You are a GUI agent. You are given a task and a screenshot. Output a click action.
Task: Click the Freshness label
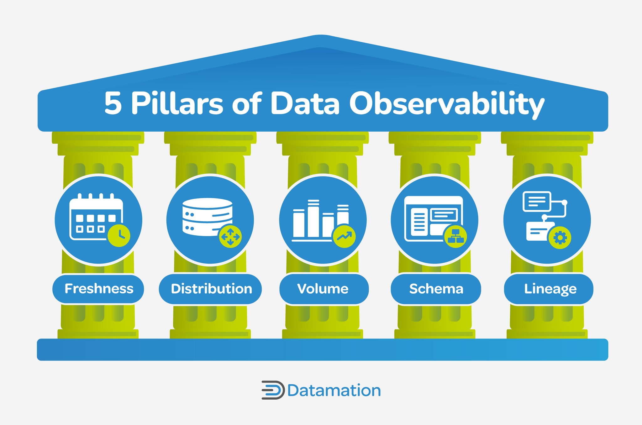click(99, 289)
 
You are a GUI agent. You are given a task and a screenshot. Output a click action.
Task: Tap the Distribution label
click(211, 289)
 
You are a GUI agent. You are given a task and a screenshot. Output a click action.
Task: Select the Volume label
click(323, 289)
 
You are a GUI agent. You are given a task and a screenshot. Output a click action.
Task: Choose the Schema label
click(436, 289)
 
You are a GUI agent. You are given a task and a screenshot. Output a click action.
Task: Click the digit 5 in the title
click(113, 103)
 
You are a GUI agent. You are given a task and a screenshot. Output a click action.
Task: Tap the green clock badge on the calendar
click(119, 235)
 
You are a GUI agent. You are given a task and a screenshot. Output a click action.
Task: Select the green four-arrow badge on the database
click(230, 236)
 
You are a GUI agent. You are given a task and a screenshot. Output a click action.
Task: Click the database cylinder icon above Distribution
click(207, 217)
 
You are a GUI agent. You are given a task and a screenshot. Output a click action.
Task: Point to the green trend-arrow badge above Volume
click(344, 236)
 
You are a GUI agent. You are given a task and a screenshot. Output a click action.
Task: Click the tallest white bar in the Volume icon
click(313, 219)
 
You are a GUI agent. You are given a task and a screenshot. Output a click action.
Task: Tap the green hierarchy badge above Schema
click(455, 236)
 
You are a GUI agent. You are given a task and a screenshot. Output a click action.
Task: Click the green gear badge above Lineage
click(560, 238)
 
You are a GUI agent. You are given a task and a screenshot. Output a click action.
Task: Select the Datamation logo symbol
click(273, 390)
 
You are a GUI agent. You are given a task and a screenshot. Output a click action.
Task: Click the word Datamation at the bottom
click(334, 391)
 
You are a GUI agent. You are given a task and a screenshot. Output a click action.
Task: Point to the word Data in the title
click(305, 103)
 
